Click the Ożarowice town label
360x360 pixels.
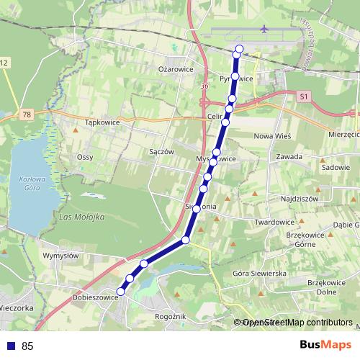tap(176, 69)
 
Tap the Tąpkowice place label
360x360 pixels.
tap(102, 123)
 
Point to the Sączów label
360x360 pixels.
tap(162, 152)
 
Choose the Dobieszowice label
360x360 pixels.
tap(95, 297)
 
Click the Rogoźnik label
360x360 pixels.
tap(171, 316)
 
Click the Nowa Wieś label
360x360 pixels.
tap(271, 135)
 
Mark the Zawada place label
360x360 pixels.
tap(288, 156)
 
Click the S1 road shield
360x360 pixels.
tap(304, 95)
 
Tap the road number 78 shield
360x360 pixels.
tap(27, 114)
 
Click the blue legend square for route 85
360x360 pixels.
tap(11, 346)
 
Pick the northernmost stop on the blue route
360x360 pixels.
tap(239, 49)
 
